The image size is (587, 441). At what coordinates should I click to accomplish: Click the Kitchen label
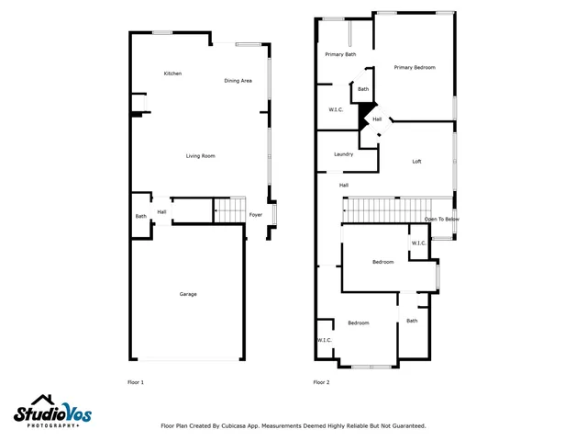pos(172,73)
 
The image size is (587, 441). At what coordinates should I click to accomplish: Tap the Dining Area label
pos(238,81)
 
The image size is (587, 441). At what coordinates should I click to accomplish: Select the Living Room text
pos(201,156)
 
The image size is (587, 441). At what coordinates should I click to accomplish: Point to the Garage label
pos(188,294)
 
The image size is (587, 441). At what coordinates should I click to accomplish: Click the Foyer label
pos(256,215)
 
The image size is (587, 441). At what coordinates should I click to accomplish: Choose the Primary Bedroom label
pos(415,67)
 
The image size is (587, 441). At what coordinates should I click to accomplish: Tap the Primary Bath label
pos(340,54)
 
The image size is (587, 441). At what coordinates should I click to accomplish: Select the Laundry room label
pos(344,154)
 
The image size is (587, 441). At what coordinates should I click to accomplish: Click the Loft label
pos(416,162)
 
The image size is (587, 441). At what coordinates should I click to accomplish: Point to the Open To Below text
pos(442,220)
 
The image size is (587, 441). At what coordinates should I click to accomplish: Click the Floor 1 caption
pos(135,381)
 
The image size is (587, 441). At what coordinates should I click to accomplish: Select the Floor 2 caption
pos(321,381)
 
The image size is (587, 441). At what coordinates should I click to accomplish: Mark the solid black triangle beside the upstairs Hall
pos(365,118)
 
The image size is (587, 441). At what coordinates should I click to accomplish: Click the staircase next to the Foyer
pos(230,209)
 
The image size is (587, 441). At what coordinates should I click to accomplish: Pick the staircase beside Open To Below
pos(383,209)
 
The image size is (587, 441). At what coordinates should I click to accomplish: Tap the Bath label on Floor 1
pos(141,216)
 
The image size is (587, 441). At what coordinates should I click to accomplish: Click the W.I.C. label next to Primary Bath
pos(336,110)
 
